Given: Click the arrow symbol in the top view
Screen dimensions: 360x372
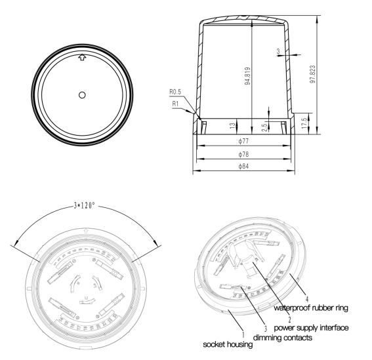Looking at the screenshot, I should [81, 58].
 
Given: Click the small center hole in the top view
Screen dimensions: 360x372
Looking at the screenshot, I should [81, 94].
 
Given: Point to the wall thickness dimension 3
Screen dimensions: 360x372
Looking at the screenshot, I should [278, 50].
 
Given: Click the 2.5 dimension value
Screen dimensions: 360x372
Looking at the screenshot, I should [264, 123].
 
